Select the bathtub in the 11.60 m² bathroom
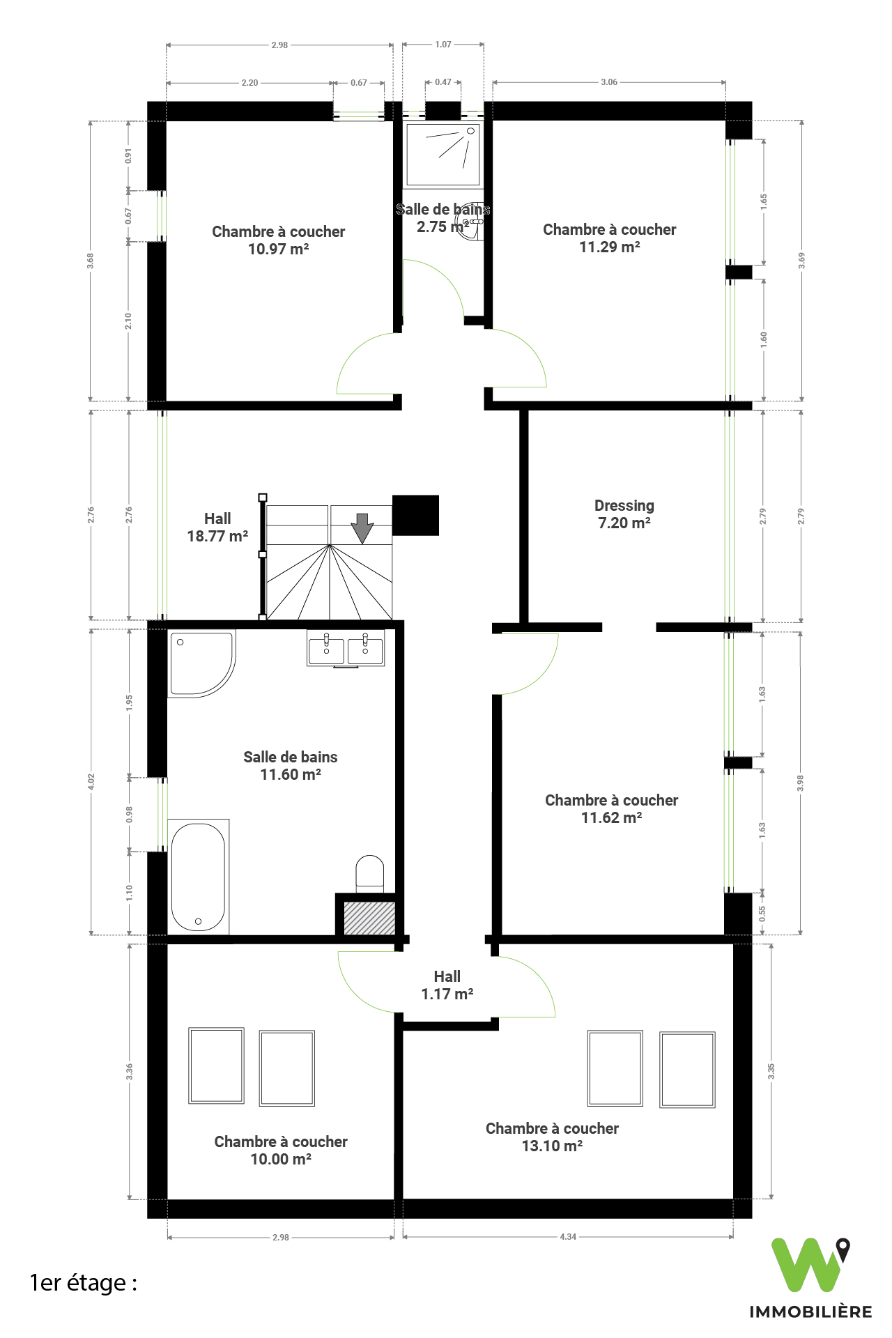[x=199, y=877]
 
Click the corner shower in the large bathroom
[x=201, y=663]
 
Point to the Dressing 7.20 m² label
[x=624, y=514]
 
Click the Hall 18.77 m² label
[x=217, y=528]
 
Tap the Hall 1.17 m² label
[x=447, y=985]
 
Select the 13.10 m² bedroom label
[x=552, y=1137]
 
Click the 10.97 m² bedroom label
[x=279, y=240]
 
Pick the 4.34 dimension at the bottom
[x=568, y=1237]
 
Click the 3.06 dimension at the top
[x=609, y=82]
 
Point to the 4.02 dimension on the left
[x=91, y=782]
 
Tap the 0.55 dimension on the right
[x=762, y=914]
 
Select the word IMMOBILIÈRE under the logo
[x=810, y=1312]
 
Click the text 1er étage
[x=83, y=1283]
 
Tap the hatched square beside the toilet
[x=369, y=918]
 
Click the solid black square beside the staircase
[x=416, y=515]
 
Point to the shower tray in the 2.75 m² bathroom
[x=443, y=155]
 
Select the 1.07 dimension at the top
[x=443, y=44]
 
